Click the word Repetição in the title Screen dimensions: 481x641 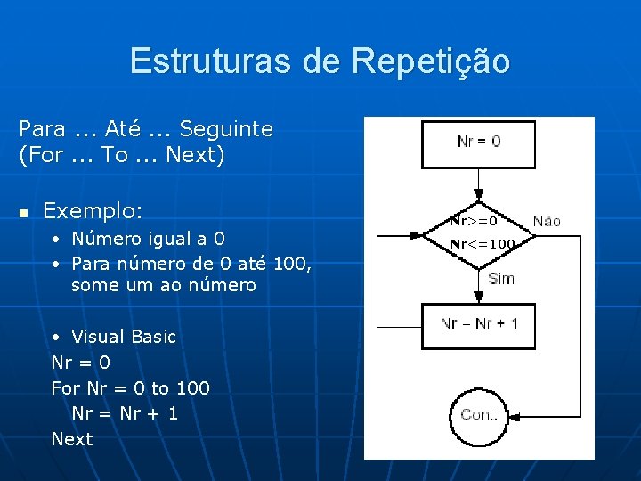pyautogui.click(x=431, y=61)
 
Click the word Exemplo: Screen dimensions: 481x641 pyautogui.click(x=93, y=211)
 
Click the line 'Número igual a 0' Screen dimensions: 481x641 pyautogui.click(x=148, y=239)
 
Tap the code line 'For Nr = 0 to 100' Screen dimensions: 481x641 pyautogui.click(x=131, y=388)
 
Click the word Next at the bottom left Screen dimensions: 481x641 pyautogui.click(x=72, y=439)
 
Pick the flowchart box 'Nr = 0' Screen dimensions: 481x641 pyautogui.click(x=479, y=142)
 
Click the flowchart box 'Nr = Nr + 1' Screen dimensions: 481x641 pyautogui.click(x=479, y=324)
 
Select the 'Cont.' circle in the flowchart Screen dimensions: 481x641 pyautogui.click(x=479, y=415)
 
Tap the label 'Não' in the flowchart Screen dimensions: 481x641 pyautogui.click(x=547, y=221)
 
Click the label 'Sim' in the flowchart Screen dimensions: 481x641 pyautogui.click(x=501, y=279)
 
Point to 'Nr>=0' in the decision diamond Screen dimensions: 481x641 pyautogui.click(x=474, y=219)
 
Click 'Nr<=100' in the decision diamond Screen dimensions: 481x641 pyautogui.click(x=483, y=243)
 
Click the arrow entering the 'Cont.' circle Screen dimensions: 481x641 pyautogui.click(x=479, y=369)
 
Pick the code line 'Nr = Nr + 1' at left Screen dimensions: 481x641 pyautogui.click(x=125, y=413)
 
